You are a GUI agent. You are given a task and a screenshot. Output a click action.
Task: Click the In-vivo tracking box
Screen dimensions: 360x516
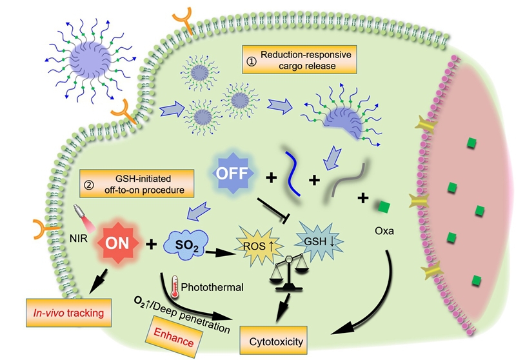pyautogui.click(x=66, y=314)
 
